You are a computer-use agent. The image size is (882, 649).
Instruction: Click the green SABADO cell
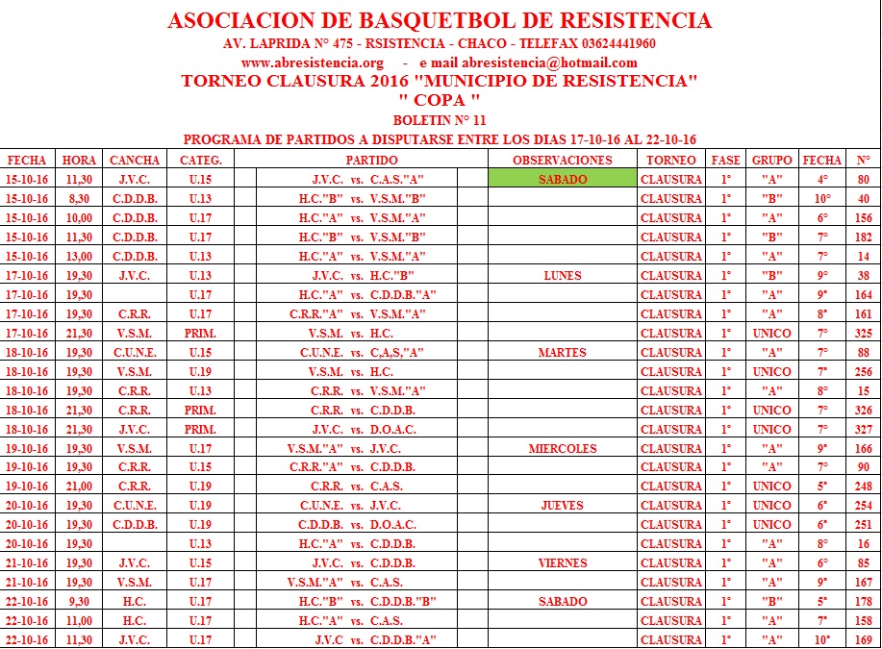[563, 179]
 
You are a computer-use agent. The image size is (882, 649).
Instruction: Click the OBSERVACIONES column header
[563, 160]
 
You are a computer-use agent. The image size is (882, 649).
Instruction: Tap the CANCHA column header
[135, 160]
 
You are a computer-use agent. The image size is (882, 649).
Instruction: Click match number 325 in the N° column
[863, 333]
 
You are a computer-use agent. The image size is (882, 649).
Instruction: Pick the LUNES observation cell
[563, 275]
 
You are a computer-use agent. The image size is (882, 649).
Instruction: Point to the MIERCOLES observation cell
[563, 448]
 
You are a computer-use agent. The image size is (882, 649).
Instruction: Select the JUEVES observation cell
[563, 506]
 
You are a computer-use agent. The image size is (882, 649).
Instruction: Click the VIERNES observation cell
[563, 563]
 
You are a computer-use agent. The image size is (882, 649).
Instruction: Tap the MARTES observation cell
[563, 352]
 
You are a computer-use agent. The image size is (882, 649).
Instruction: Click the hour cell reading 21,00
[79, 487]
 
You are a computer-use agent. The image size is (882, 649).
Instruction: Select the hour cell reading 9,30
[79, 602]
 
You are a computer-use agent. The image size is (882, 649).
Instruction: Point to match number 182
[863, 237]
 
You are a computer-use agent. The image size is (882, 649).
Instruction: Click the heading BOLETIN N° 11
[440, 120]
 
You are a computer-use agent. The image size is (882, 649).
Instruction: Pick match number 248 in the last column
[863, 487]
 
